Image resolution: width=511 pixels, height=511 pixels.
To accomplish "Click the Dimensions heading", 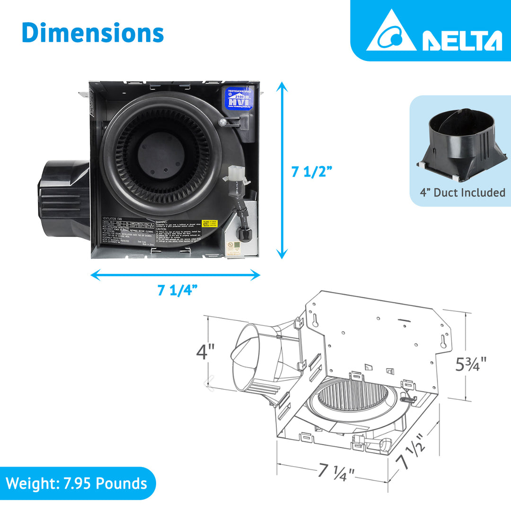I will coord(93,33).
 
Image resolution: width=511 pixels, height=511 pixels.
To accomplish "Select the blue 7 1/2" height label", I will coord(312,172).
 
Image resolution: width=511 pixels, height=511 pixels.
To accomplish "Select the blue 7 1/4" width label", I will coord(177,290).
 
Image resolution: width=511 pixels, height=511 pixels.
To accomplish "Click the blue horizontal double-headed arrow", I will coord(175,274).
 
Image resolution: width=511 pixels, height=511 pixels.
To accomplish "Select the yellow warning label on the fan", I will coord(208,223).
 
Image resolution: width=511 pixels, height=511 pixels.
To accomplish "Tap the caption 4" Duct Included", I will coord(462,193).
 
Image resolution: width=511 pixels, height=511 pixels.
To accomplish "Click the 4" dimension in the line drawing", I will coord(206,352).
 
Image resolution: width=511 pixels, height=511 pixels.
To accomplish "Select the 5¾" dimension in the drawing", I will coord(470,364).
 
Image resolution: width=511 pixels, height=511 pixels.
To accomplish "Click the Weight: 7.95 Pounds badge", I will coord(77,484).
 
